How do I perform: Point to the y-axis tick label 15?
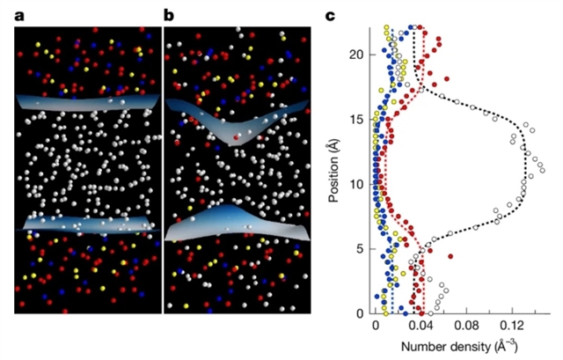pos(355,118)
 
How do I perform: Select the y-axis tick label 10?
pos(355,183)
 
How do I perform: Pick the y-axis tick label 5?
pos(359,248)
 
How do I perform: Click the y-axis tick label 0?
pos(359,313)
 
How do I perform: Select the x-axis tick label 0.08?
pos(472,327)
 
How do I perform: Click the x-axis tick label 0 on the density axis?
pos(376,327)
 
